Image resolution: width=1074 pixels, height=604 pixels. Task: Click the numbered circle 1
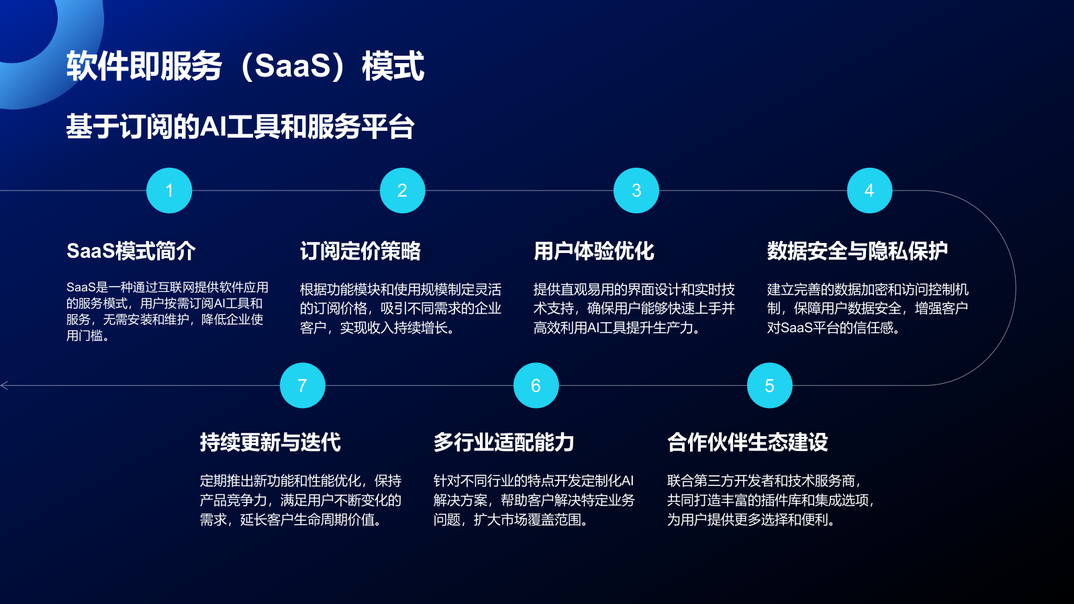coord(169,191)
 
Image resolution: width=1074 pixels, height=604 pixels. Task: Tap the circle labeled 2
coord(403,191)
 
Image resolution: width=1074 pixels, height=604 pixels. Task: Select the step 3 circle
coord(636,191)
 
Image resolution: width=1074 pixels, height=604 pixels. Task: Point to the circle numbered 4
coord(869,191)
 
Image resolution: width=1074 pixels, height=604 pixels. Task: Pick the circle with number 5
coord(769,386)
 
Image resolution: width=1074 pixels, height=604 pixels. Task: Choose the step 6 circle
coord(536,386)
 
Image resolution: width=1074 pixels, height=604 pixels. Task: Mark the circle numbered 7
coord(302,386)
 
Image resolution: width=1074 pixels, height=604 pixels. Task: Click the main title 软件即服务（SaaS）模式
coord(245,66)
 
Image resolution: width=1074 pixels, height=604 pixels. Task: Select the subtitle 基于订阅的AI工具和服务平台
coord(240,127)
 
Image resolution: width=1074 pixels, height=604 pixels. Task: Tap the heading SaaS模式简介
coord(131,251)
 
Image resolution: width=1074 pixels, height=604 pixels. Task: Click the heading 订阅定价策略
coord(360,251)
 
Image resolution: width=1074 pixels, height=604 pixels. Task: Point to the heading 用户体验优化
coord(593,251)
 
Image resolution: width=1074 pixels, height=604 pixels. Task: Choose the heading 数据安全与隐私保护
coord(857,251)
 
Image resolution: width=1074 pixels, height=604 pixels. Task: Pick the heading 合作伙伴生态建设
coord(747,442)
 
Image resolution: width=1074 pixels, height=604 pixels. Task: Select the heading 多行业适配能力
coord(503,442)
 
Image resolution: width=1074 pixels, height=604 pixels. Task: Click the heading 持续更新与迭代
coord(270,442)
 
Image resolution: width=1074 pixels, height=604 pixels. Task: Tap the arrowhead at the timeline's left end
coord(5,386)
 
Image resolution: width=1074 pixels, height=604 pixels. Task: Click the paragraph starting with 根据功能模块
coord(400,309)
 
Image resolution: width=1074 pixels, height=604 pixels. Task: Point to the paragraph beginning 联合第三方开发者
coord(770,500)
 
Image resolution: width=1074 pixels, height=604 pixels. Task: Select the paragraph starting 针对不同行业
coord(534,500)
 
